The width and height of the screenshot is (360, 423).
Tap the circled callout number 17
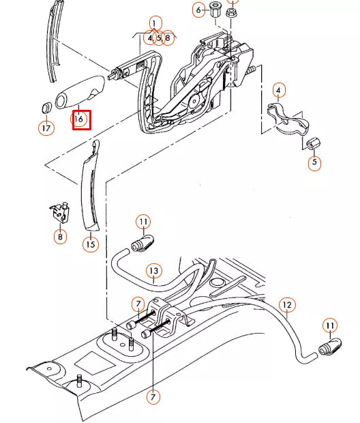46,128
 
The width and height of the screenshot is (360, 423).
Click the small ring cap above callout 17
46,107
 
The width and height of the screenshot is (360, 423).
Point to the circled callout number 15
91,244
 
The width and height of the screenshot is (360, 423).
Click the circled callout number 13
154,272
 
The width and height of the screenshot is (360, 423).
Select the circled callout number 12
287,305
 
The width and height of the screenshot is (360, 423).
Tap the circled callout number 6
200,10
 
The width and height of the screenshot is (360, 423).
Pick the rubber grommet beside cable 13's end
145,242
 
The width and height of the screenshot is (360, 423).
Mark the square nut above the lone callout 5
315,145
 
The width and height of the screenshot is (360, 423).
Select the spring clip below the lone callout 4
288,116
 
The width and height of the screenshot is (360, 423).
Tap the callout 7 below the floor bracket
153,396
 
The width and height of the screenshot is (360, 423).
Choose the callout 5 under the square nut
314,163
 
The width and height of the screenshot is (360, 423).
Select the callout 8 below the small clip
61,237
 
